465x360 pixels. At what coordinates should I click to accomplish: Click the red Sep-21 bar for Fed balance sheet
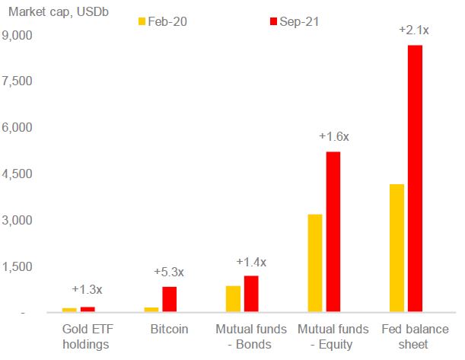coord(415,178)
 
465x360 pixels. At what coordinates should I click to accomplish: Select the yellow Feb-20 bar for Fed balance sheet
coord(396,247)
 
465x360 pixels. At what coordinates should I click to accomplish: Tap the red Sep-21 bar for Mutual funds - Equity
coord(333,231)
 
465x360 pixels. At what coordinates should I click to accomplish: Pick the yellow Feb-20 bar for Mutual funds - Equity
coord(314,263)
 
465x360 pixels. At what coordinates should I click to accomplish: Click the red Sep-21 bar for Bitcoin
coord(170,299)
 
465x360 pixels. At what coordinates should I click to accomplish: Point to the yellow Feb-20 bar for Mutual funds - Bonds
coord(233,298)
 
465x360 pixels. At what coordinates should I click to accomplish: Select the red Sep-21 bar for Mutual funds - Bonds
coord(251,293)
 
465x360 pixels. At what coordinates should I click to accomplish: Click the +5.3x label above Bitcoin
coord(169,272)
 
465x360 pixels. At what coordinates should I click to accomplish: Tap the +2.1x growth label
coord(414,30)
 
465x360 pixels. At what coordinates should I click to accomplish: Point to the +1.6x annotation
coord(333,136)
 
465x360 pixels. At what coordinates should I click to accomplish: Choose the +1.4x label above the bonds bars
coord(251,262)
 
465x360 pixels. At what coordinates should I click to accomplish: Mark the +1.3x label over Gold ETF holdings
coord(87,289)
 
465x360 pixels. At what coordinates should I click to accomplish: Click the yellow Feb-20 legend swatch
coord(142,21)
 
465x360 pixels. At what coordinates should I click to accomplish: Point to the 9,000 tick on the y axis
coord(18,35)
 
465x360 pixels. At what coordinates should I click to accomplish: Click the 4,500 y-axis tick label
coord(18,174)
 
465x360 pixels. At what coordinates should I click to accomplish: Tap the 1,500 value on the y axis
coord(18,266)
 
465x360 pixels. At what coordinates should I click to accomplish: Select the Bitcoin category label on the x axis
coord(169,330)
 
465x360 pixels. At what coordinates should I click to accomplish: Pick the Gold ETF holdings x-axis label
coord(87,336)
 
